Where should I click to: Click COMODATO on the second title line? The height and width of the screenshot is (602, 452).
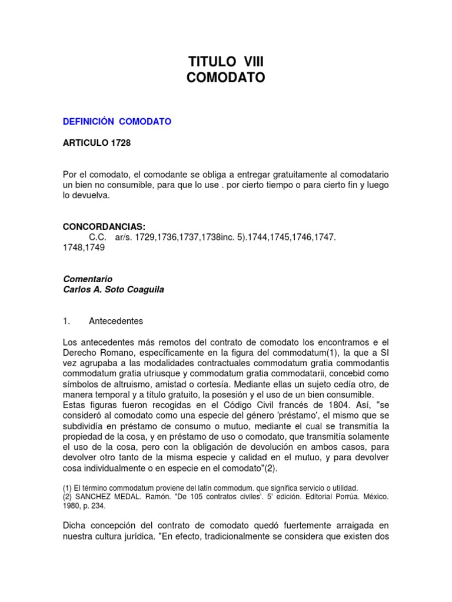tap(226, 78)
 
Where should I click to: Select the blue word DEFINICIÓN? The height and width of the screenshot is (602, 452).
tap(88, 122)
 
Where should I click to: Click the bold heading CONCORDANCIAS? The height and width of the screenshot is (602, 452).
tap(104, 226)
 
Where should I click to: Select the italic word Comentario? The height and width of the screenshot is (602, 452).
tap(87, 279)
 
